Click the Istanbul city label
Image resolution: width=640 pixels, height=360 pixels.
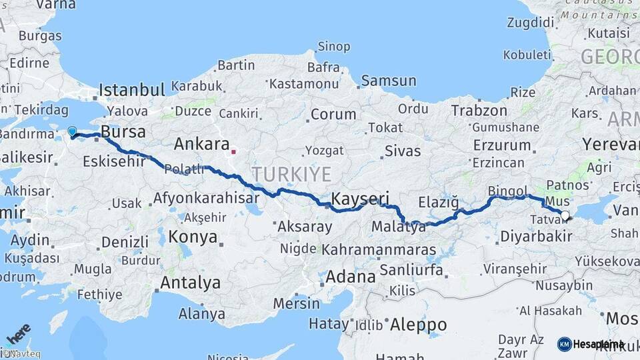[132, 90]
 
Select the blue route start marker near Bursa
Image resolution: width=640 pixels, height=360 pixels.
[72, 131]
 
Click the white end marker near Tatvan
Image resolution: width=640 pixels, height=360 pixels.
[565, 215]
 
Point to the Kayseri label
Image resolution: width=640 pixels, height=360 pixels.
[360, 199]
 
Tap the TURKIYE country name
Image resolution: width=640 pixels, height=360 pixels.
[291, 175]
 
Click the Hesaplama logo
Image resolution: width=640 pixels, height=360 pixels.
[591, 344]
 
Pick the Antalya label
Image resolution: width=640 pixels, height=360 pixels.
[190, 283]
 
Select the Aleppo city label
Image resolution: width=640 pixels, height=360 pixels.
[418, 325]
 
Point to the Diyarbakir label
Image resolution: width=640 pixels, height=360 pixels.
[536, 236]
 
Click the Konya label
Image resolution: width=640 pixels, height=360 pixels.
[193, 237]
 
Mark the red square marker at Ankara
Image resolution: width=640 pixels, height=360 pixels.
[233, 151]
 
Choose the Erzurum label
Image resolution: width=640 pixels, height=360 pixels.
[501, 145]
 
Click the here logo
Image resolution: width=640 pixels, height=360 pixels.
[18, 333]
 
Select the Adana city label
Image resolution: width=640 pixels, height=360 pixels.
[351, 276]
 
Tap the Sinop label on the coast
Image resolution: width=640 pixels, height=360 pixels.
[333, 47]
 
